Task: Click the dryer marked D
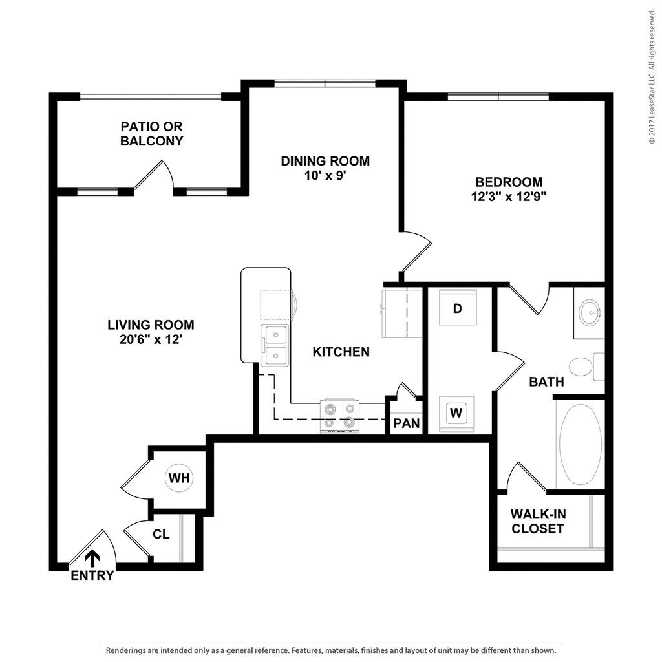click(457, 308)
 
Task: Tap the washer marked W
click(456, 412)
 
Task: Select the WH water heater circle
click(179, 478)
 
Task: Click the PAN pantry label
click(407, 423)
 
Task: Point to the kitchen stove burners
click(339, 416)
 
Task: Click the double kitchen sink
click(275, 345)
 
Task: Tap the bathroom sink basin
click(590, 314)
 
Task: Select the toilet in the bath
click(585, 367)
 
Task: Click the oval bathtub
click(580, 445)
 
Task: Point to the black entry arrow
click(92, 557)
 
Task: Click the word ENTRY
click(92, 575)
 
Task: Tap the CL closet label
click(161, 535)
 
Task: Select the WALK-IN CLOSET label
click(537, 521)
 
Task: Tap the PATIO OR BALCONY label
click(152, 133)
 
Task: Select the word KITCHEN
click(341, 352)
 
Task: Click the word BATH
click(546, 381)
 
